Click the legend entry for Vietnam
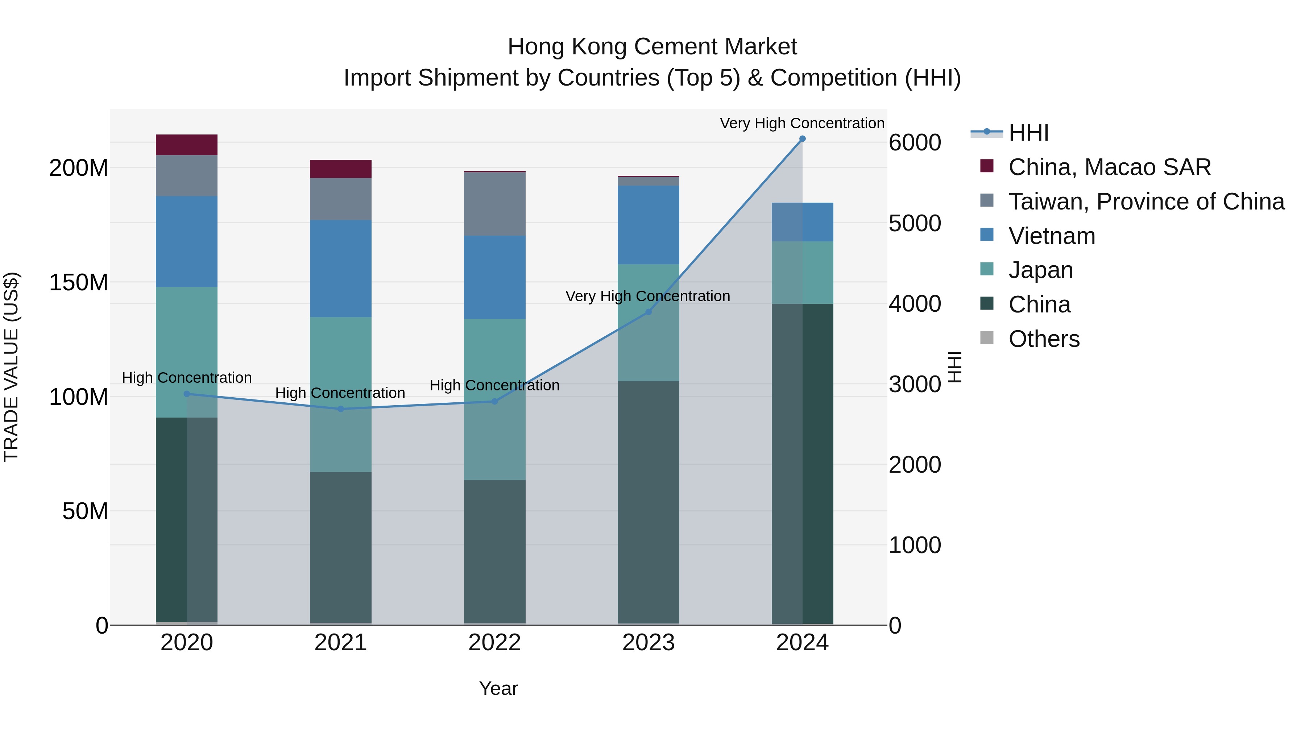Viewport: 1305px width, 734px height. [1051, 236]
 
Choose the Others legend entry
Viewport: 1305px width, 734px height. [1044, 339]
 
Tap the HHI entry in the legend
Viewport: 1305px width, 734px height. [1028, 133]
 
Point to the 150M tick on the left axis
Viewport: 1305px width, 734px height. [79, 282]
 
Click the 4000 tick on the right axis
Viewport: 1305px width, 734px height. [915, 304]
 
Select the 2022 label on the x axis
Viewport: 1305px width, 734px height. [494, 643]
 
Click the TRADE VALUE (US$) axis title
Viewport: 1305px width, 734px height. [11, 367]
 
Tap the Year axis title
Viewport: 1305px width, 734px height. [498, 688]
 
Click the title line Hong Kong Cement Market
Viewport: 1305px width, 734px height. [652, 47]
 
